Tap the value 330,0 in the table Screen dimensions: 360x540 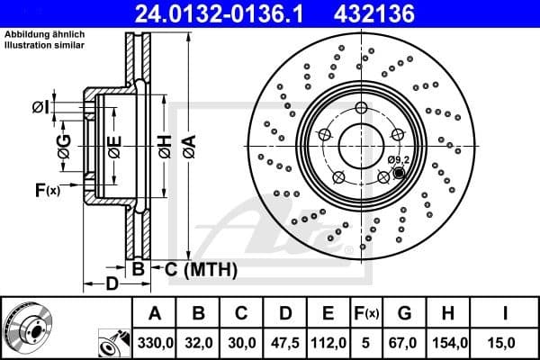pyautogui.click(x=153, y=343)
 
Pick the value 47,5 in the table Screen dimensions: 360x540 pyautogui.click(x=285, y=343)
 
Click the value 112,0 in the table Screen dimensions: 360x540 pyautogui.click(x=328, y=343)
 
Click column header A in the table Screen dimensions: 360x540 pyautogui.click(x=153, y=313)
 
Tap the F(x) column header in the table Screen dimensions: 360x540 pyautogui.click(x=366, y=313)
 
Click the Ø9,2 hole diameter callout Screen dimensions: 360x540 pyautogui.click(x=400, y=159)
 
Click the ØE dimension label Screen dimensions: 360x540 pyautogui.click(x=113, y=145)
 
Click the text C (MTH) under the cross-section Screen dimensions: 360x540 pyautogui.click(x=200, y=268)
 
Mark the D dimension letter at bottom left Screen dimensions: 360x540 pyautogui.click(x=111, y=285)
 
